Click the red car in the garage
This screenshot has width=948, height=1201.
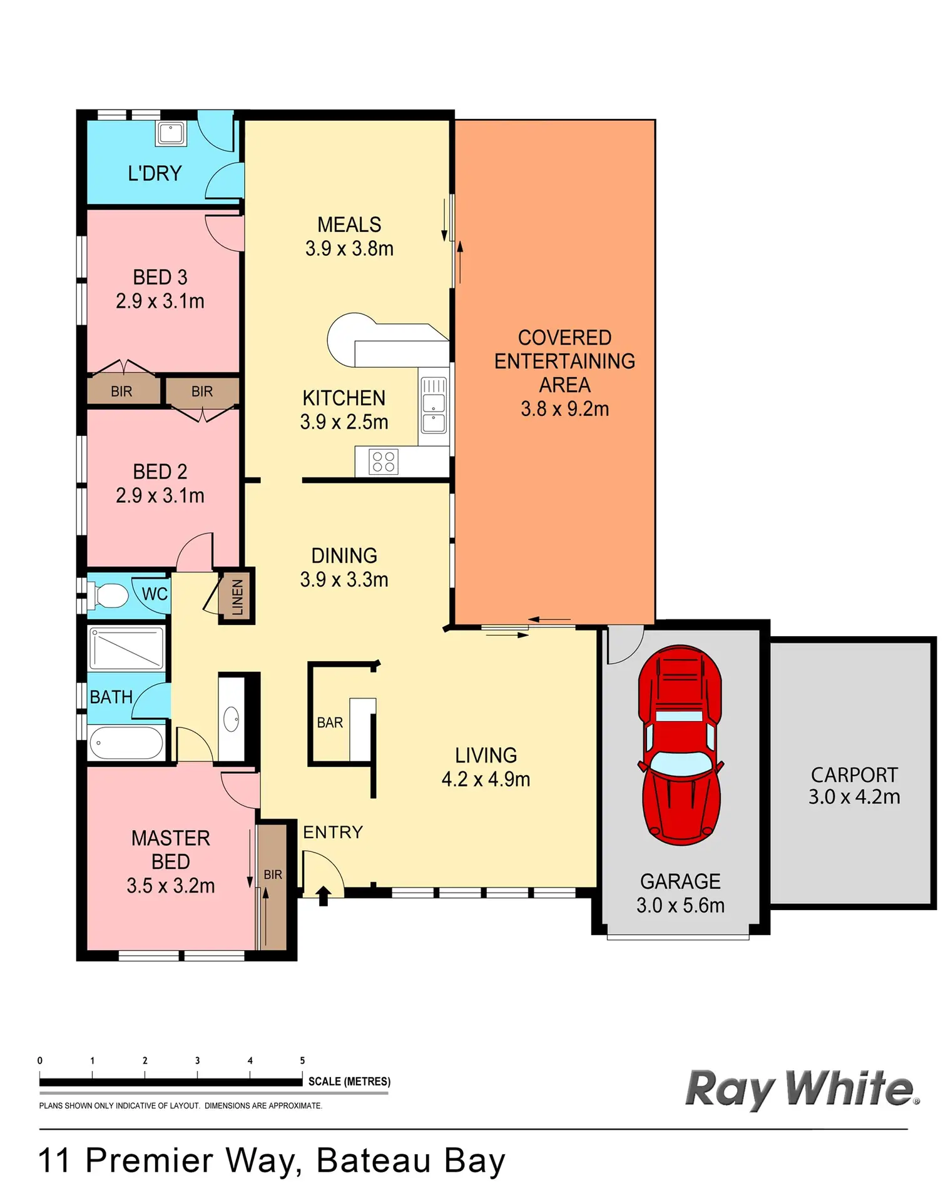pos(680,744)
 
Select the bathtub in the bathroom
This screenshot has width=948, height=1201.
pos(127,743)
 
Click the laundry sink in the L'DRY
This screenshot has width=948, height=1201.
pos(170,133)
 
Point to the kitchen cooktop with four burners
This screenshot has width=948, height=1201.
pos(384,462)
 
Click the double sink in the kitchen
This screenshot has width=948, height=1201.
pos(434,405)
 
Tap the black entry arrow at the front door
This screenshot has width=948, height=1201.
pos(323,896)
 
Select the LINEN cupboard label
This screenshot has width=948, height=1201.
pos(237,597)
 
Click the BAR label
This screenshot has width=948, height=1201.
pos(330,722)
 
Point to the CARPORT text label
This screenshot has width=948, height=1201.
pos(854,774)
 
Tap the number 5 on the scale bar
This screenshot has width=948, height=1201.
pos(302,1060)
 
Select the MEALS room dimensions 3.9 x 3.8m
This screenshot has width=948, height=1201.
pos(349,248)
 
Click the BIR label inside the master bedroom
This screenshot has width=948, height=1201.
pos(273,874)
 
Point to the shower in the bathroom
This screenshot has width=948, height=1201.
pos(126,648)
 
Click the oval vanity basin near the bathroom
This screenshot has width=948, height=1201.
pos(232,719)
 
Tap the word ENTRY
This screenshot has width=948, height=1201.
pos(333,832)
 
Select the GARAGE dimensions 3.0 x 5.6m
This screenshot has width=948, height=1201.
pos(680,905)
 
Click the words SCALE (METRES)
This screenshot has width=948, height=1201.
pos(349,1082)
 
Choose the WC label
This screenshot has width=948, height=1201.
pos(155,594)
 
